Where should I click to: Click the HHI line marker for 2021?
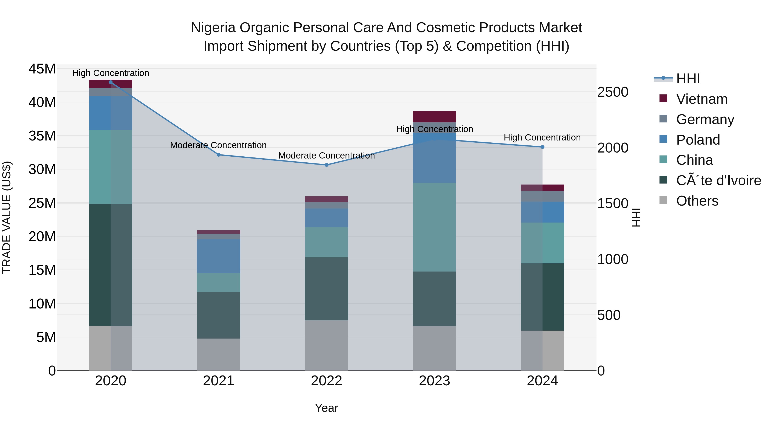218,155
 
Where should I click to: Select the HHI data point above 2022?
326,165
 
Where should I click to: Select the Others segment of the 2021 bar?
218,354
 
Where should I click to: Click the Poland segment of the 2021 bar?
218,256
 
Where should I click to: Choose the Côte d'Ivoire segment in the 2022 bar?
326,288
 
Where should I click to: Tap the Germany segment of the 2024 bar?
542,196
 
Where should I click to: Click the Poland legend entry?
698,140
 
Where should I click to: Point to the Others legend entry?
697,201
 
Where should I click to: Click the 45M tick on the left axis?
42,69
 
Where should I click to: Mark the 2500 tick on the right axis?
612,92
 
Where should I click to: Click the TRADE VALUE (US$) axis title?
7,217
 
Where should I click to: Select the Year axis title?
326,408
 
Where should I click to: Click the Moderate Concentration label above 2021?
218,145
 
